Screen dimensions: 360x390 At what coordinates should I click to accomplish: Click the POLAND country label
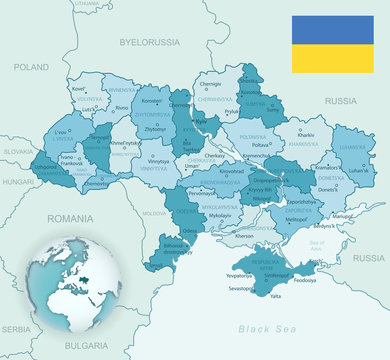[31, 66]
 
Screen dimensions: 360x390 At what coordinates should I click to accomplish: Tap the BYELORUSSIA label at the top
[149, 43]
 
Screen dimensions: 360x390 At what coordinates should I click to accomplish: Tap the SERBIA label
[14, 328]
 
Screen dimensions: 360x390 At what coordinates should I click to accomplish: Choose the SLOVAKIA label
[16, 151]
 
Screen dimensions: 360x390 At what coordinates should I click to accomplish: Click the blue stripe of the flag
[333, 30]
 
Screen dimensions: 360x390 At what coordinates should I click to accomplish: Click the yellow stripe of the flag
[333, 58]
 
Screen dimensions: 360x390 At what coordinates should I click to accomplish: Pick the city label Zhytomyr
[155, 129]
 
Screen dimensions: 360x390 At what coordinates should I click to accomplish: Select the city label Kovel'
[79, 89]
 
